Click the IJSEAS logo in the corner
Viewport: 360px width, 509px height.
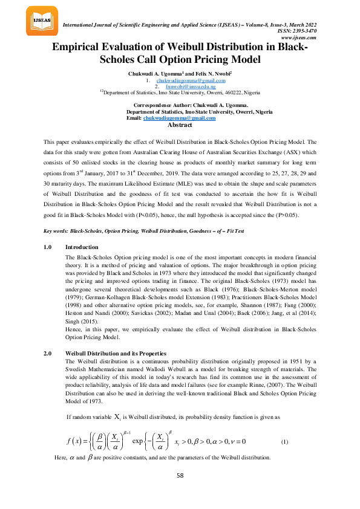pos(42,21)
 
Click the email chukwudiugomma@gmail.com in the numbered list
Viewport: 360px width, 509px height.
pos(191,80)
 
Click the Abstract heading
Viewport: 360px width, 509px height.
pos(180,125)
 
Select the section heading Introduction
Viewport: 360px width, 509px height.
pos(81,247)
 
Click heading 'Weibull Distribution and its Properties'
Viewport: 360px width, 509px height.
pos(116,353)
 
